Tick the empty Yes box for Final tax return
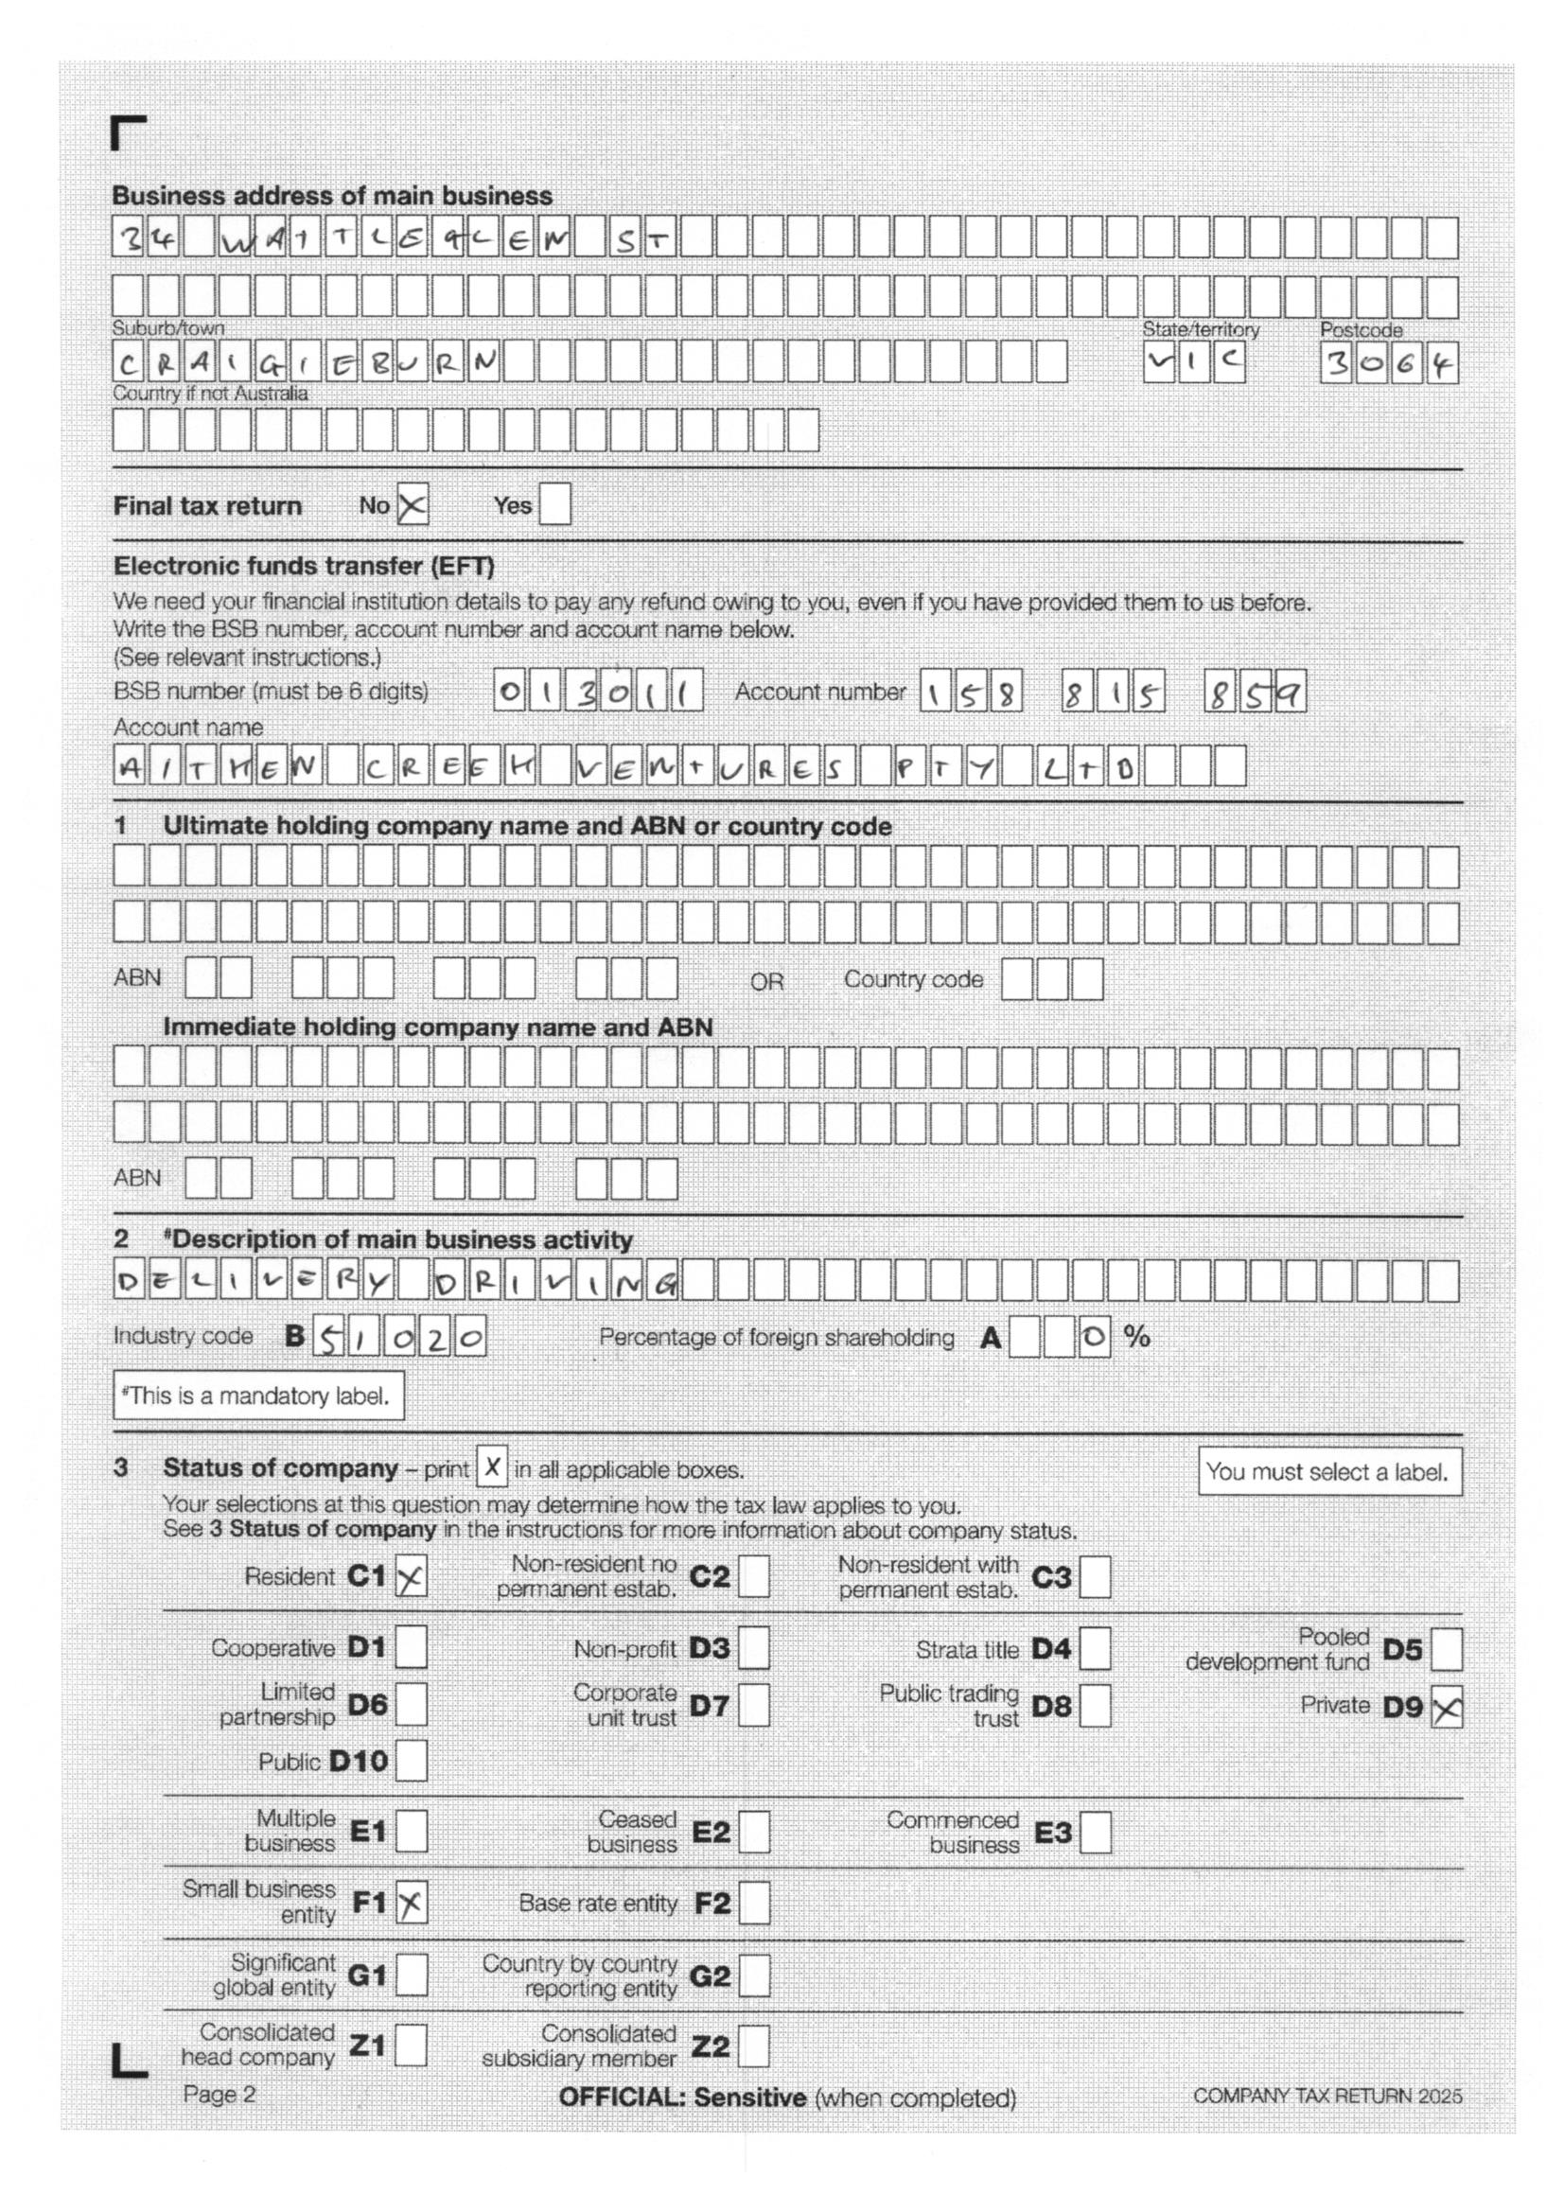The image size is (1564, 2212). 554,505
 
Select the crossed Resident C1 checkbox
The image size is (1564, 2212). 412,1577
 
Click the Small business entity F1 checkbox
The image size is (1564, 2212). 412,1903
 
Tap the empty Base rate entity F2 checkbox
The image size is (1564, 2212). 753,1903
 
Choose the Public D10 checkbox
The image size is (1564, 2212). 412,1761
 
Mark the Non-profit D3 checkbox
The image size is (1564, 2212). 753,1648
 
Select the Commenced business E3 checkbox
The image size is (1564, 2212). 1096,1832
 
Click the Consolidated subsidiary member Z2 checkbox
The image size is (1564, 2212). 753,2045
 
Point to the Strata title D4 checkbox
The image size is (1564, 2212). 1096,1648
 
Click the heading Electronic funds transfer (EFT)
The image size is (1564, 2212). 304,566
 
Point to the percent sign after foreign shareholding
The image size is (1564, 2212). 1137,1336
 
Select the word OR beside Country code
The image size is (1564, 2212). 767,982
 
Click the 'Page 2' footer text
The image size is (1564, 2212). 220,2094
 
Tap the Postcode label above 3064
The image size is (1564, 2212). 1361,330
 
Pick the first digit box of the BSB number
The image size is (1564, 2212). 510,692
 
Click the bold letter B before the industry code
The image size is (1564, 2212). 295,1336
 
